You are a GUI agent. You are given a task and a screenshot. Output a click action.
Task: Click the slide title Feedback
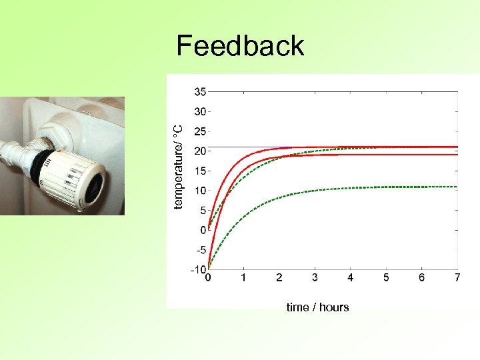tap(240, 46)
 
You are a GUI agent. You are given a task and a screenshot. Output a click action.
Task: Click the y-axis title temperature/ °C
tap(178, 167)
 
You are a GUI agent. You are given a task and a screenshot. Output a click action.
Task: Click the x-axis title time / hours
tap(317, 307)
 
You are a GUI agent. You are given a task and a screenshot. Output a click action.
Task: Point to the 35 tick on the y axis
tap(200, 91)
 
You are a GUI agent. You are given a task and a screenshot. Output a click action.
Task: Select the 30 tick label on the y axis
tap(200, 111)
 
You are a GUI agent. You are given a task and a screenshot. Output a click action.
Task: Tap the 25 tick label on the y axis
tap(200, 131)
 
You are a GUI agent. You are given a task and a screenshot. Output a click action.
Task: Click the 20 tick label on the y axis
tap(200, 151)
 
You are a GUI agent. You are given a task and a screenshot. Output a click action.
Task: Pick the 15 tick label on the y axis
tap(200, 171)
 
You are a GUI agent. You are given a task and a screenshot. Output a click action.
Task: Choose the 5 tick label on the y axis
tap(202, 211)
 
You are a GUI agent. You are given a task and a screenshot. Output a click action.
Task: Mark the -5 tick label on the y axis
tap(200, 250)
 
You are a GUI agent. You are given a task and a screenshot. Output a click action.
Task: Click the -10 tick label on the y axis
tap(198, 270)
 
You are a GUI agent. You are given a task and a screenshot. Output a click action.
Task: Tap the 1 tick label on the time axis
tap(243, 277)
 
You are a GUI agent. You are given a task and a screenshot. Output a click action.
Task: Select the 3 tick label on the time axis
tap(315, 277)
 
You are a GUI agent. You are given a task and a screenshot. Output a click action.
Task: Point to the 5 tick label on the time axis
tap(386, 277)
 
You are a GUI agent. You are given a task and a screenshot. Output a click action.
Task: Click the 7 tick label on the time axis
tap(457, 277)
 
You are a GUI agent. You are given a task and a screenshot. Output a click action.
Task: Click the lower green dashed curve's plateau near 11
tap(400, 187)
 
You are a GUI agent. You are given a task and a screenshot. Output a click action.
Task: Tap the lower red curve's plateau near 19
tap(400, 155)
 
